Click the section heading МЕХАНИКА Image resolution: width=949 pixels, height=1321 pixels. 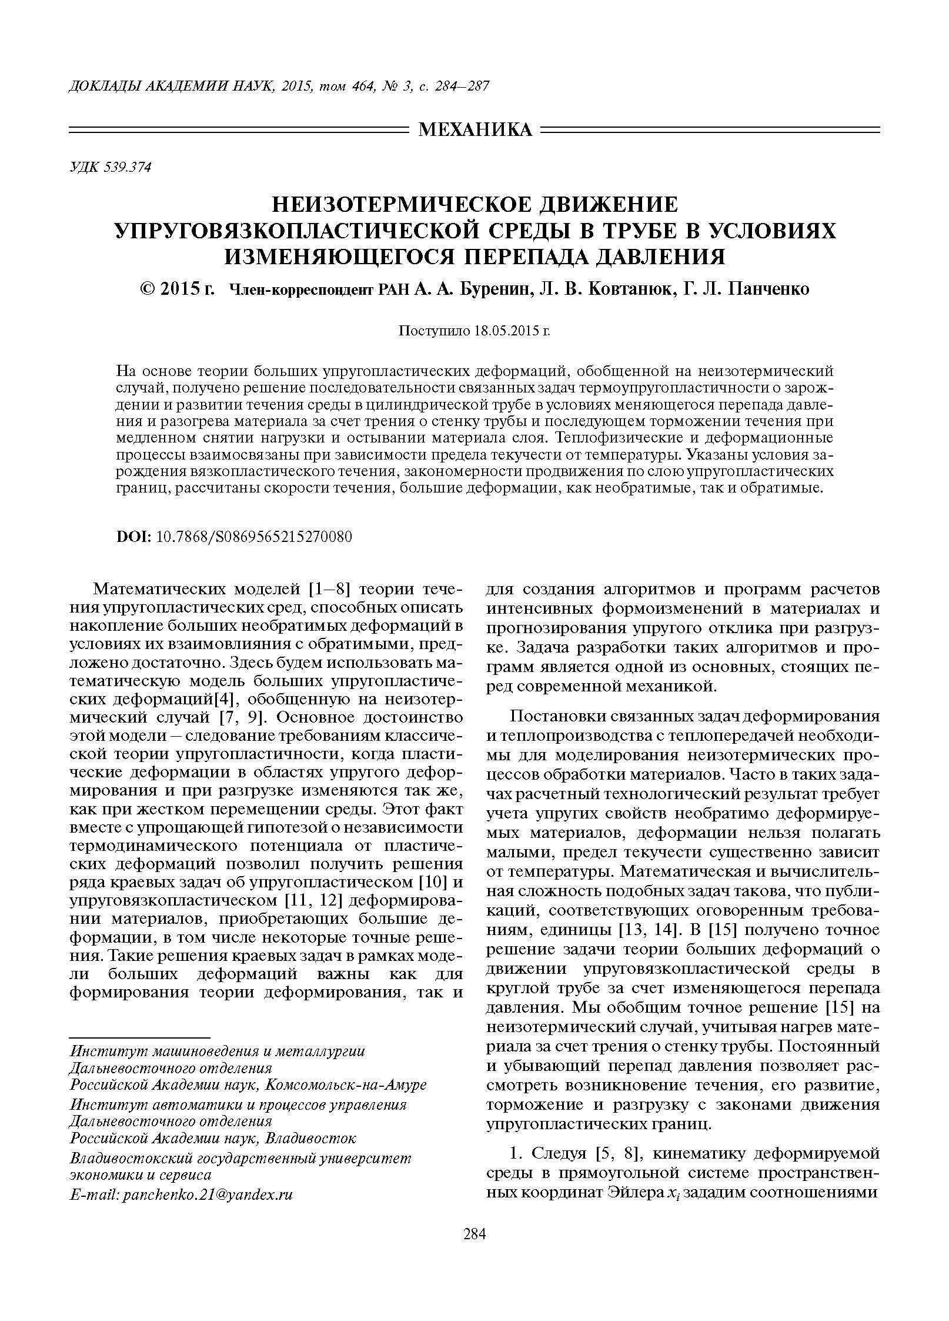[475, 130]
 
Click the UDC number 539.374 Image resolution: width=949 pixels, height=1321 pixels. [127, 168]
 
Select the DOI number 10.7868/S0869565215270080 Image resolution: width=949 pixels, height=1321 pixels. [254, 537]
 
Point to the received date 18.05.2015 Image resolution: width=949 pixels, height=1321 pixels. [506, 331]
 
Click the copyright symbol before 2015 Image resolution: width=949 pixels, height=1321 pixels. [148, 289]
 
